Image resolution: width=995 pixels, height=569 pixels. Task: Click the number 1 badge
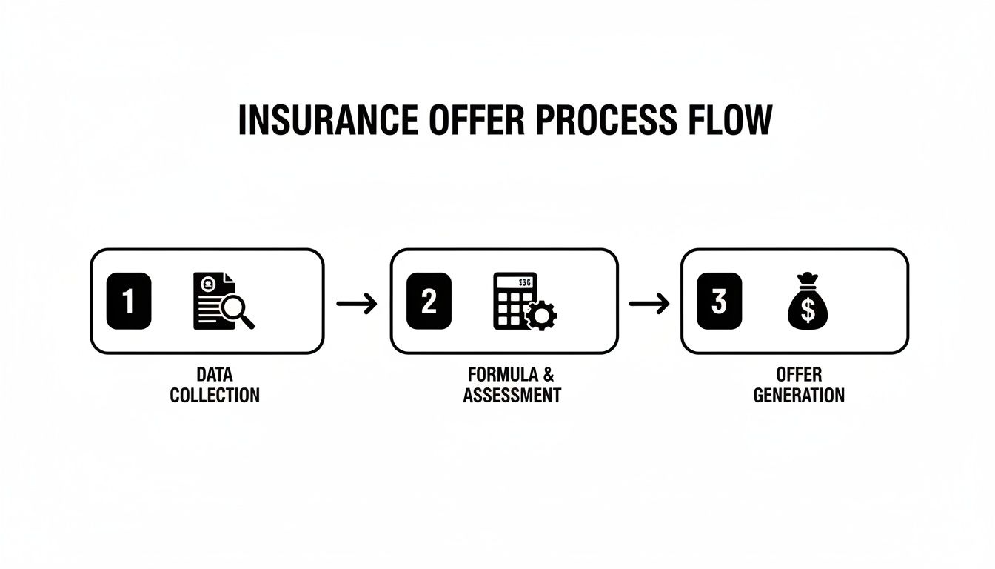(129, 301)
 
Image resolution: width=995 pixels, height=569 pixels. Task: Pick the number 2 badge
(429, 301)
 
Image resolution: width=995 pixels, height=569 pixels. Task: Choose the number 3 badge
(719, 301)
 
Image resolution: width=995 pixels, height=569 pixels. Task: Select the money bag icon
(807, 304)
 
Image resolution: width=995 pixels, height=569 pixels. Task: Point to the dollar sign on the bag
(808, 311)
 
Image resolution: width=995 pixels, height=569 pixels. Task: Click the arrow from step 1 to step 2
(357, 303)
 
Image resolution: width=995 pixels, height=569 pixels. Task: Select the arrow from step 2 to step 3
(649, 303)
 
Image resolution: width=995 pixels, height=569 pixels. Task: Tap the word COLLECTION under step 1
(215, 395)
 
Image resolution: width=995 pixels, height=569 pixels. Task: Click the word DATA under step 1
(215, 374)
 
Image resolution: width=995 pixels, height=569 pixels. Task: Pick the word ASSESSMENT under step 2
(512, 395)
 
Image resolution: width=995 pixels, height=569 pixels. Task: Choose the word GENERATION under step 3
(799, 395)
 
